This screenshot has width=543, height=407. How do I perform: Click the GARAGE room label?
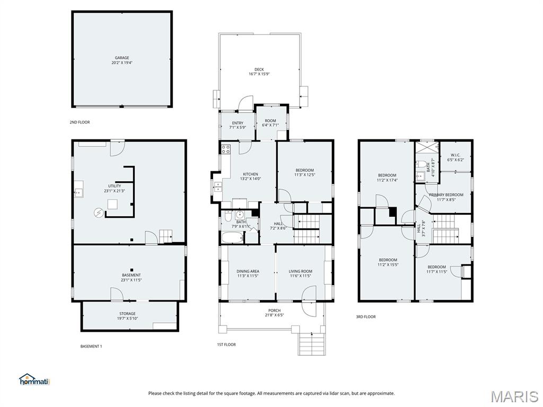tap(122, 58)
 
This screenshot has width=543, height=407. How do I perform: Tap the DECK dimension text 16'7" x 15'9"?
tap(259, 74)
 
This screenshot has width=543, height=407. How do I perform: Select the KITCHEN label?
tap(250, 174)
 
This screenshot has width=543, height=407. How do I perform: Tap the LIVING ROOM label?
tap(301, 271)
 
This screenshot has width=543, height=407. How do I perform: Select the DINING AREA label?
tap(248, 271)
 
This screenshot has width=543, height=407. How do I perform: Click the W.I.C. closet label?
tap(456, 155)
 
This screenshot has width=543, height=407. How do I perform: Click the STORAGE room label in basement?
tap(127, 313)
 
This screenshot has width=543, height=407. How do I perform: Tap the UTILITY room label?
tap(115, 186)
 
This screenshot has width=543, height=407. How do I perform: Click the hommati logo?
tap(34, 379)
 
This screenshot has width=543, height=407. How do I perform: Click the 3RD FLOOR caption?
tap(366, 317)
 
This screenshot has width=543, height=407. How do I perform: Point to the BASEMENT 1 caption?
tap(91, 346)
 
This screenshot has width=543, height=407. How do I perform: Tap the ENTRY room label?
tap(238, 123)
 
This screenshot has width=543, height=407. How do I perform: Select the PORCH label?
tap(274, 311)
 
